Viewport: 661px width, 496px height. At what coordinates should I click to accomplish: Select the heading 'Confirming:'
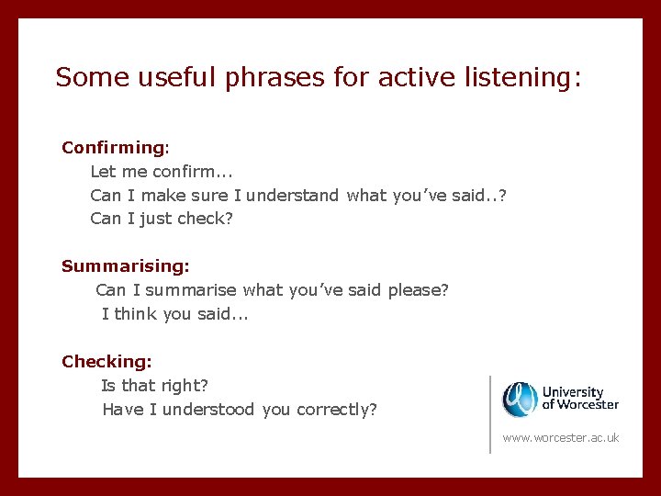point(116,147)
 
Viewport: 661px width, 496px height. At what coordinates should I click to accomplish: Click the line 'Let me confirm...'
point(160,171)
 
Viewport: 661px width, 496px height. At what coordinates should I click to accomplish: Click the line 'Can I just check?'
point(162,219)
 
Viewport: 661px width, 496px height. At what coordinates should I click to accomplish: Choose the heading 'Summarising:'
point(125,266)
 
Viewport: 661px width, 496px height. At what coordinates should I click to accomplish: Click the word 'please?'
point(418,290)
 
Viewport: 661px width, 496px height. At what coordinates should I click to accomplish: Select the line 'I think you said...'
point(175,314)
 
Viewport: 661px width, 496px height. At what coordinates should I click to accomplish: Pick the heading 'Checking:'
point(106,362)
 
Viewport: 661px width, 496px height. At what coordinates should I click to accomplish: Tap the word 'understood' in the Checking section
point(209,410)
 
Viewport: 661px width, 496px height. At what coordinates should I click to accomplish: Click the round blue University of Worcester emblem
point(520,399)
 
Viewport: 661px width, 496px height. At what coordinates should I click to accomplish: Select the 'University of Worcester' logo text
point(580,399)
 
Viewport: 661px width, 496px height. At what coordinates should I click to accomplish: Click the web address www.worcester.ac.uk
point(561,438)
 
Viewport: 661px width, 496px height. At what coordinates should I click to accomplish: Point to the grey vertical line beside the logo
point(490,413)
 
